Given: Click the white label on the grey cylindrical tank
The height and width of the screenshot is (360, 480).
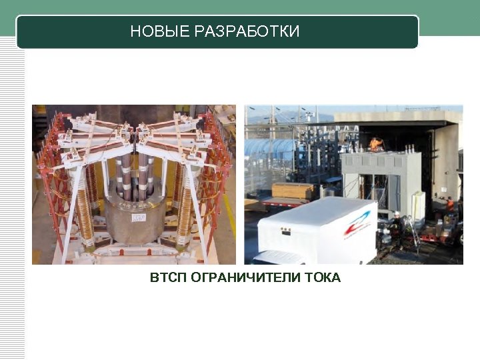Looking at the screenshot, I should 139,218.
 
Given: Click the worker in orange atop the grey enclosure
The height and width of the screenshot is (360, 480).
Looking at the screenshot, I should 377,144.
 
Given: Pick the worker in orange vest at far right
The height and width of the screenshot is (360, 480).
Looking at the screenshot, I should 450,204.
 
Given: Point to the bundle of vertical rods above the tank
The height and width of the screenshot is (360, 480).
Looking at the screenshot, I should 137,177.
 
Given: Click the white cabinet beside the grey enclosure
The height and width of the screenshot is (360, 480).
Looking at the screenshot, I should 418,206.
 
